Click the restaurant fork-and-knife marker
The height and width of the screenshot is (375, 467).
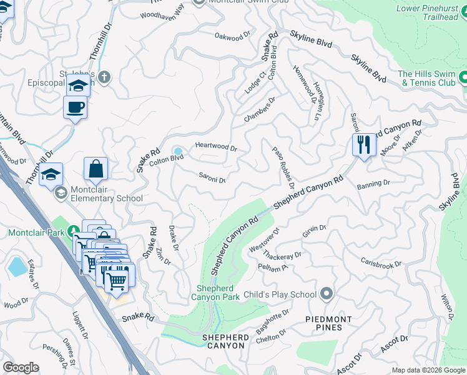click(x=364, y=144)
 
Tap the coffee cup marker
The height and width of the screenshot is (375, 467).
click(x=75, y=107)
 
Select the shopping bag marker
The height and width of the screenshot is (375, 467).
click(x=96, y=169)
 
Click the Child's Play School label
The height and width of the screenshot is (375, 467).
click(x=280, y=294)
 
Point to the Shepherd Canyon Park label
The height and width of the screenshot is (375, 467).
click(x=218, y=292)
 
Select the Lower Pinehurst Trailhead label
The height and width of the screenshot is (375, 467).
click(x=428, y=12)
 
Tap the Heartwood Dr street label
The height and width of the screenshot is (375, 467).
click(x=216, y=147)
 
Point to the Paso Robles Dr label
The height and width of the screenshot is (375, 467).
click(x=283, y=168)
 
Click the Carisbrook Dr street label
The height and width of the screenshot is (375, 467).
click(x=380, y=262)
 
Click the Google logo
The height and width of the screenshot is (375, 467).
click(x=21, y=367)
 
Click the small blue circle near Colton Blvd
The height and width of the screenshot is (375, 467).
click(x=178, y=151)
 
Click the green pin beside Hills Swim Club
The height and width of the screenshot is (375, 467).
click(x=463, y=78)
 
